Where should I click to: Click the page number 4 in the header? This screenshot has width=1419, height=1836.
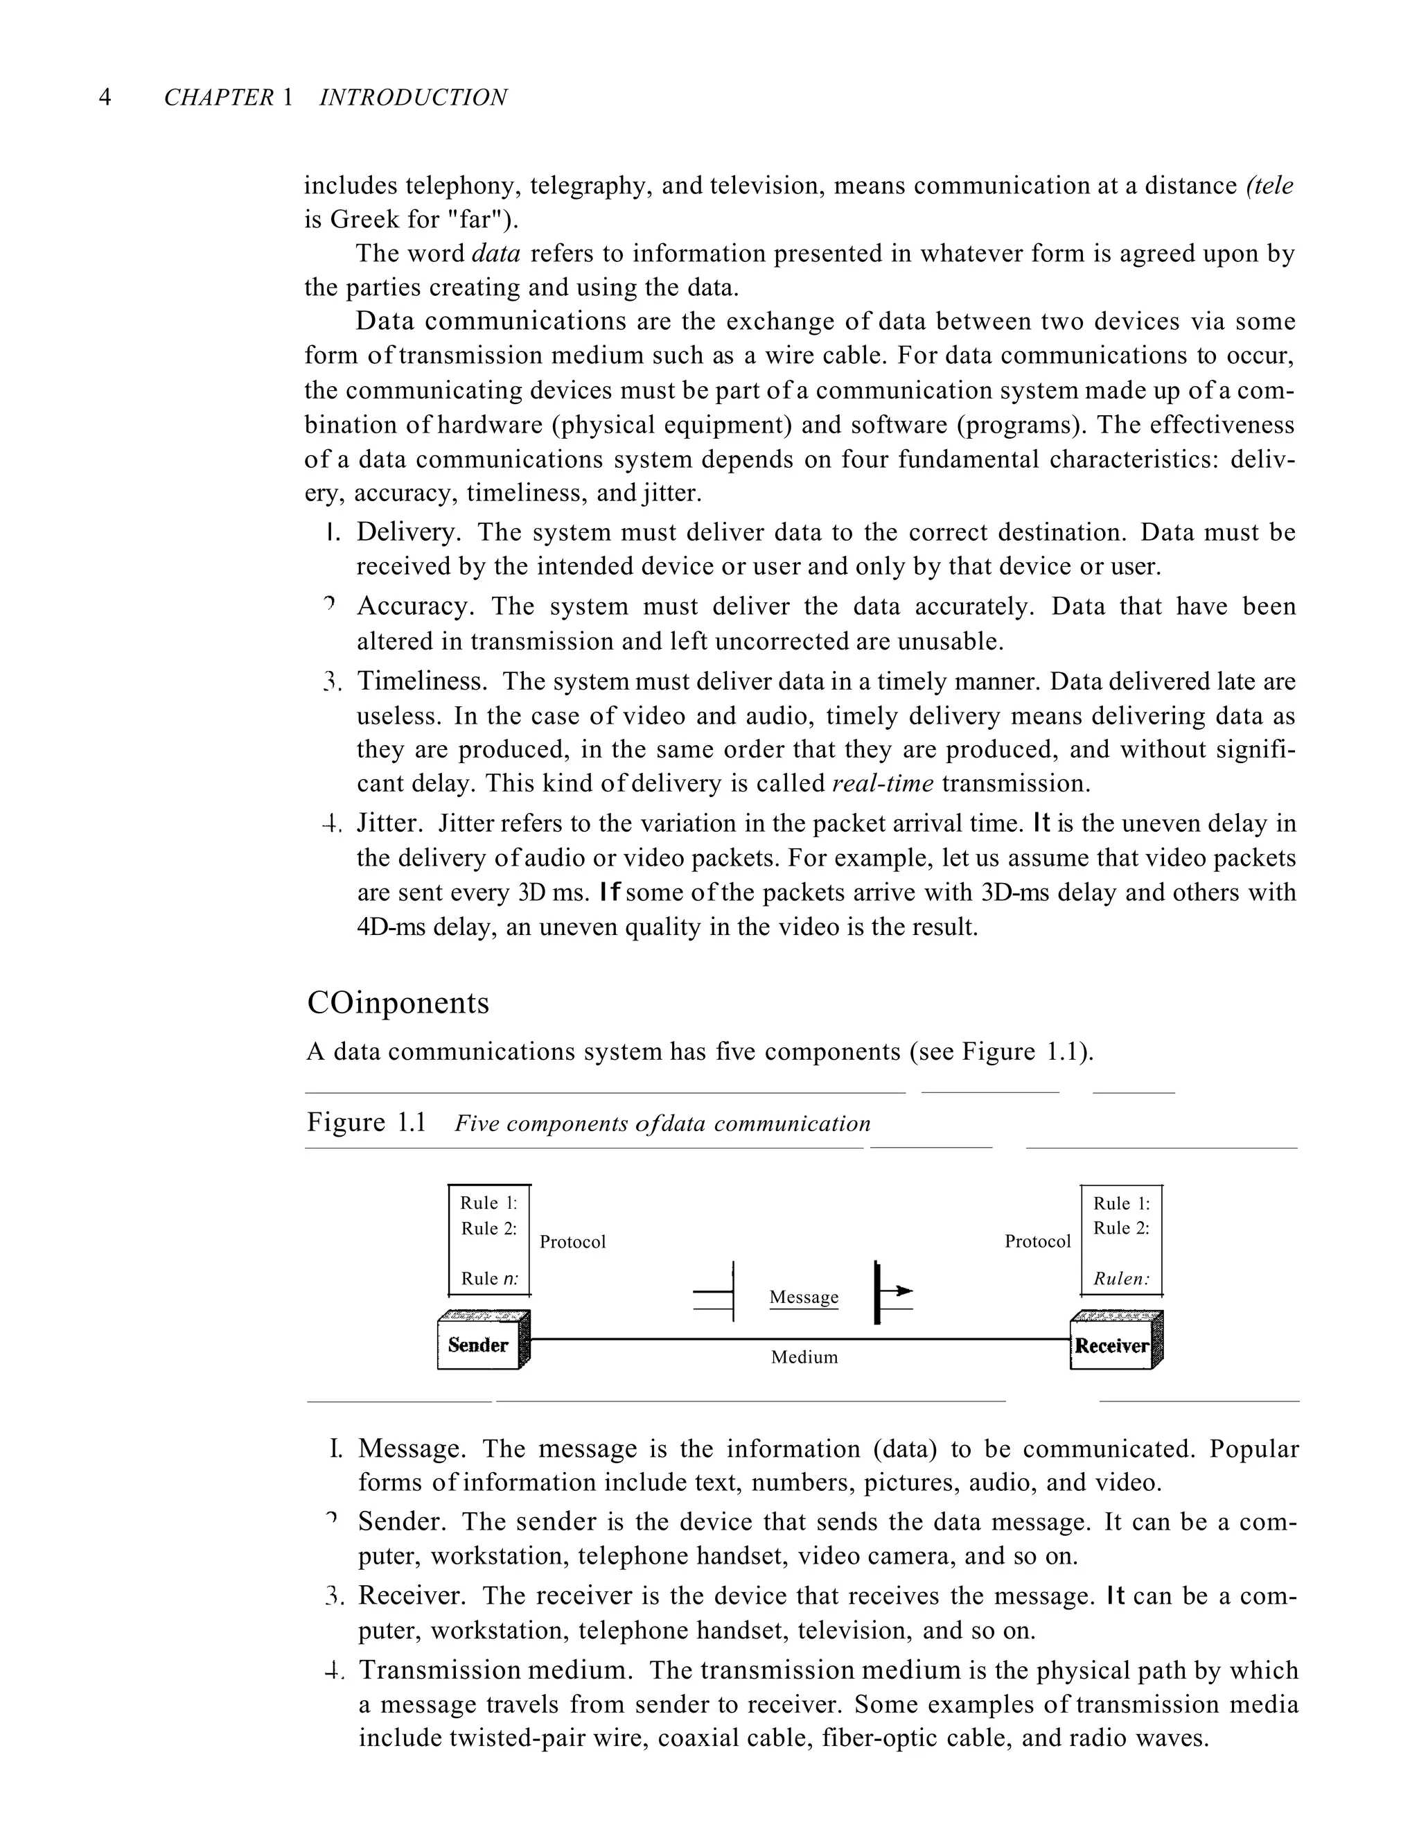105,98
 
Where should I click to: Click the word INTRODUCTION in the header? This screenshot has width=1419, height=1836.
413,98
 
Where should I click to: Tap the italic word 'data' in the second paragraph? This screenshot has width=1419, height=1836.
496,253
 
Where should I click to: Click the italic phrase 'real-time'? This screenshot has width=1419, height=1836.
882,783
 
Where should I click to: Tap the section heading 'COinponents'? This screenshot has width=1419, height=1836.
398,1003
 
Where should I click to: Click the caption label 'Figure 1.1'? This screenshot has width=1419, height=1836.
367,1122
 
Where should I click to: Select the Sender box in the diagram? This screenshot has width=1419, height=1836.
478,1345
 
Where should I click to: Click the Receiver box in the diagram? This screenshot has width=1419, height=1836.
1111,1346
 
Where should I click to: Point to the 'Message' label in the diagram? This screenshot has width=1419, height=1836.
804,1297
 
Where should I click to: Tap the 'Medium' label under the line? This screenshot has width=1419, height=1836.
804,1357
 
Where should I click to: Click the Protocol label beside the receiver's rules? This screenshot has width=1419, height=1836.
1037,1241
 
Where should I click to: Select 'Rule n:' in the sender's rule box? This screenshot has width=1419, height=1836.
489,1279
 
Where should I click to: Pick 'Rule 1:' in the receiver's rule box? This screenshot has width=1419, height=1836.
1120,1203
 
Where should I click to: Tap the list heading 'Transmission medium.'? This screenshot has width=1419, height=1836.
496,1670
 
